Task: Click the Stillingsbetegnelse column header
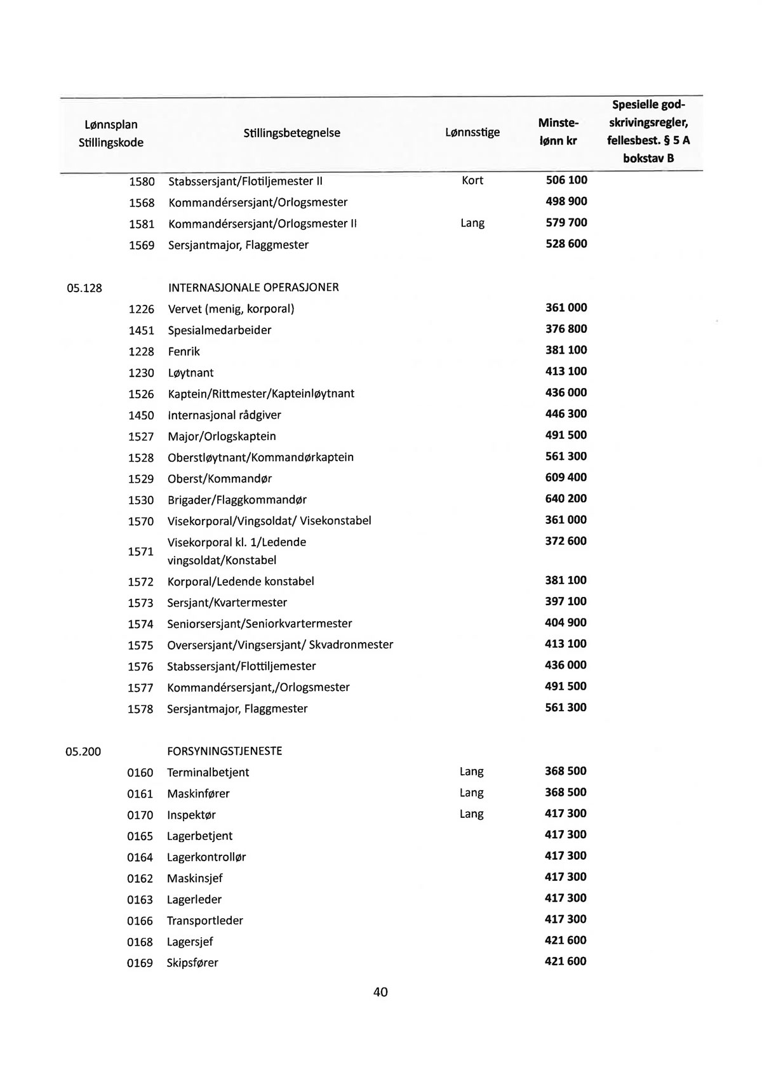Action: [291, 133]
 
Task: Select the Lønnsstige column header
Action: [472, 132]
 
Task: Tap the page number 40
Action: [380, 992]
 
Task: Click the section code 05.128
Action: [84, 288]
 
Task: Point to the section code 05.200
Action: [83, 752]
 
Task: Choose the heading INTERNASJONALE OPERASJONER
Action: [253, 288]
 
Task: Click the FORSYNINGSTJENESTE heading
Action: [224, 751]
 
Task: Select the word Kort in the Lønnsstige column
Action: [472, 180]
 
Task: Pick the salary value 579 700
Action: [566, 222]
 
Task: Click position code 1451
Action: [142, 330]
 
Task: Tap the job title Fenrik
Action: [184, 351]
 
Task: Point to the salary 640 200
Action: [566, 498]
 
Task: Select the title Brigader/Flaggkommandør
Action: [237, 500]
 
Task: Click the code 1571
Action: [141, 551]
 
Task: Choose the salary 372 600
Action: [566, 541]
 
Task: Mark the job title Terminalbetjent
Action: [208, 772]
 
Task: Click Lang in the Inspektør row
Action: [471, 814]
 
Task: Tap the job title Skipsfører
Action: [192, 963]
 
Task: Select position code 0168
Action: [140, 942]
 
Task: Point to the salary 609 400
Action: [566, 477]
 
